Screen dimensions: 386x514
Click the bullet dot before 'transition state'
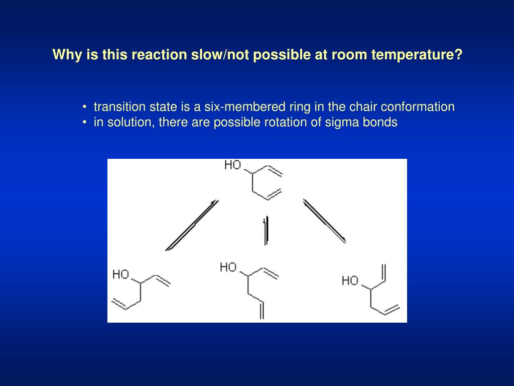[x=86, y=107]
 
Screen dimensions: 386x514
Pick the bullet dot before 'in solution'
[x=86, y=122]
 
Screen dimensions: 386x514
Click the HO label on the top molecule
[x=233, y=165]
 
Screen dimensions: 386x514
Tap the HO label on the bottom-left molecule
[x=121, y=274]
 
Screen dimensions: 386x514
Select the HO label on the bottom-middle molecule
[x=228, y=267]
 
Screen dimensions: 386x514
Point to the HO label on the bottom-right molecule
[x=350, y=280]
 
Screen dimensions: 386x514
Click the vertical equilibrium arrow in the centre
[x=266, y=231]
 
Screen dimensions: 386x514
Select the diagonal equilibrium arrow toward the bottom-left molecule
[x=192, y=225]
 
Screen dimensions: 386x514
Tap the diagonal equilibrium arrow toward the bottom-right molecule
[x=324, y=221]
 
